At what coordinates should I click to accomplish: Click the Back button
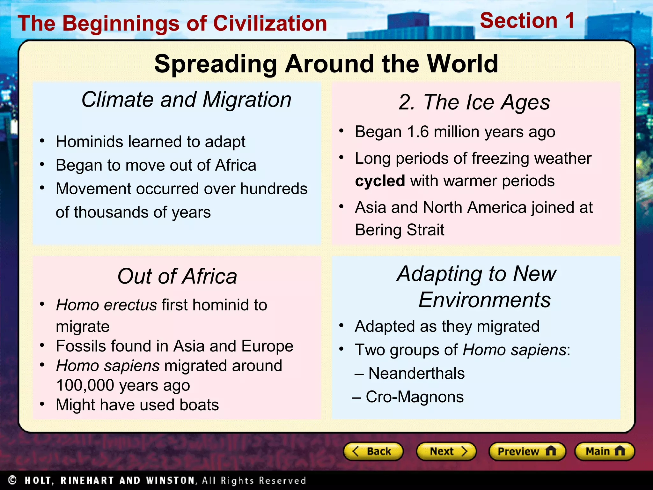pos(373,451)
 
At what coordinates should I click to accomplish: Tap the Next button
pos(446,451)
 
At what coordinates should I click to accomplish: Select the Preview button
pos(527,451)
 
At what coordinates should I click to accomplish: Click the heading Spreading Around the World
pos(326,64)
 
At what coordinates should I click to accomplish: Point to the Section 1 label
pos(527,21)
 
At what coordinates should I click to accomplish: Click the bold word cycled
pos(380,181)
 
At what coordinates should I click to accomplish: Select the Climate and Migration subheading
pos(186,100)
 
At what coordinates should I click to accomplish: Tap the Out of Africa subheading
pos(177,276)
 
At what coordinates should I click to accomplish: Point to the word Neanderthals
pos(416,373)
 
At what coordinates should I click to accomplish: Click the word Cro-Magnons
pos(414,397)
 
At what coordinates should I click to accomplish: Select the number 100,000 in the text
pos(85,385)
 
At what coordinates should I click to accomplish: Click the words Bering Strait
pos(399,230)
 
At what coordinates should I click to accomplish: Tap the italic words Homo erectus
pos(106,305)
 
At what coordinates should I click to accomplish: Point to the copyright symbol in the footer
pos(12,480)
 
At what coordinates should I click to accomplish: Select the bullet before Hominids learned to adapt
pos(42,141)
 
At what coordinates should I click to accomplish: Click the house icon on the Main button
pos(620,451)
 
